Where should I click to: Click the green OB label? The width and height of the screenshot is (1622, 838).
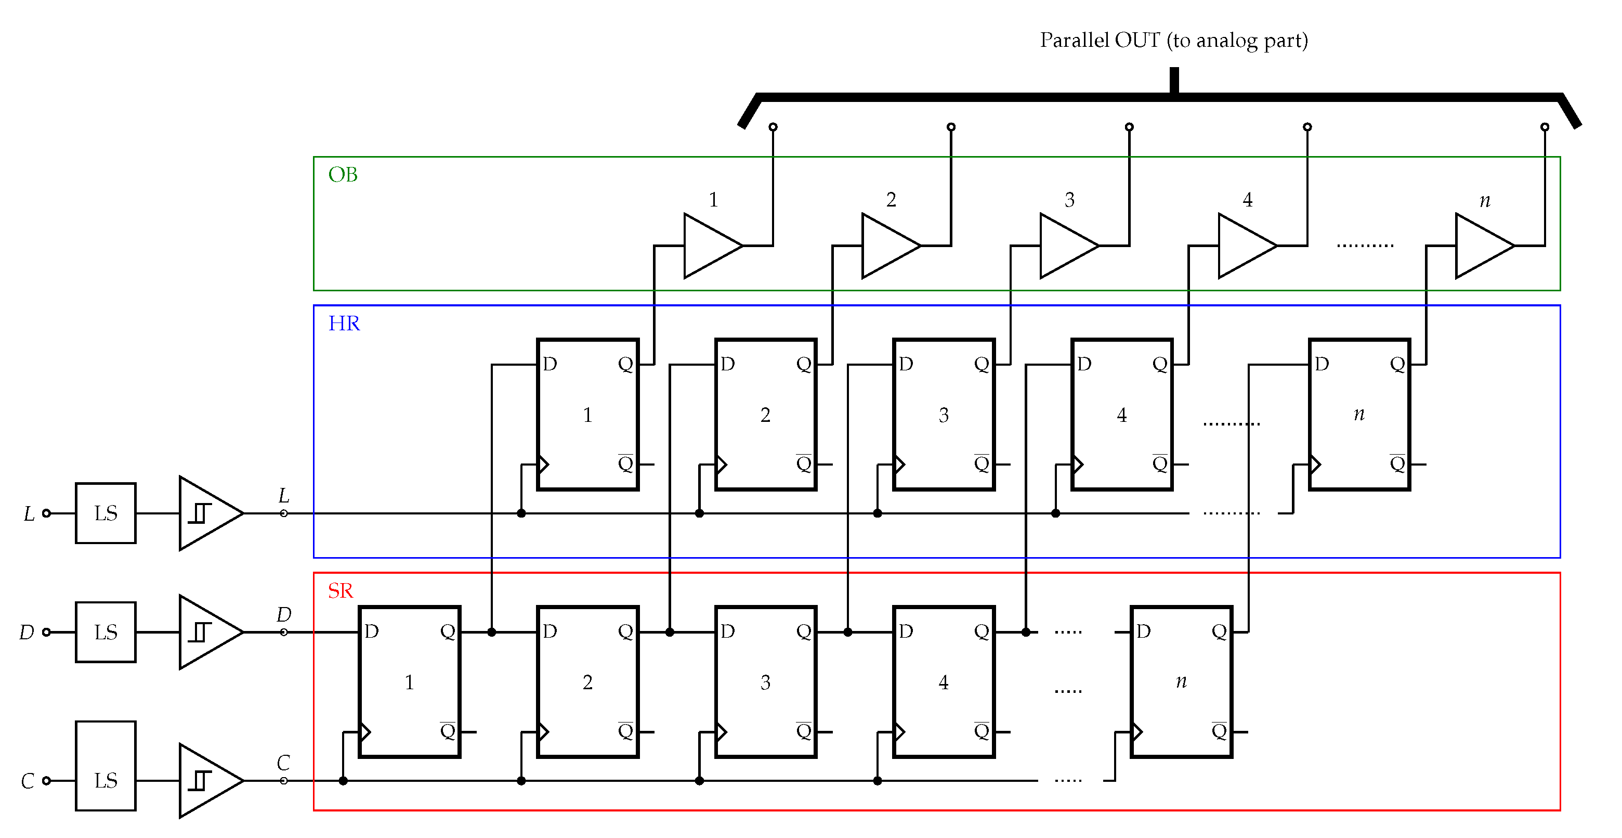click(x=343, y=175)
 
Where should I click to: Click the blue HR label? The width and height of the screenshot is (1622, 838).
click(x=344, y=323)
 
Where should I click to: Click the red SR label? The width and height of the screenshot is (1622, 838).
click(x=340, y=591)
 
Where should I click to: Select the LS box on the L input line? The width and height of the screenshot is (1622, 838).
click(x=105, y=513)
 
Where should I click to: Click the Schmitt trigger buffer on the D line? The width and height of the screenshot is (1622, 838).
click(x=208, y=632)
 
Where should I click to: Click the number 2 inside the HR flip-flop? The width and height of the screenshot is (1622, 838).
click(x=765, y=415)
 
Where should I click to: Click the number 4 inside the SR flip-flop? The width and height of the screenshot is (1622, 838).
click(x=943, y=682)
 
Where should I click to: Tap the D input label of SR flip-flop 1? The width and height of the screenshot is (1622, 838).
click(x=372, y=631)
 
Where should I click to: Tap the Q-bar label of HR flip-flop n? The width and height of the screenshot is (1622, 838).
click(x=1397, y=464)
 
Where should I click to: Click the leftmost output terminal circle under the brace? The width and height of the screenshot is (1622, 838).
click(x=773, y=126)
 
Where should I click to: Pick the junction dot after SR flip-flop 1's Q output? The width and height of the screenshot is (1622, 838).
click(x=492, y=632)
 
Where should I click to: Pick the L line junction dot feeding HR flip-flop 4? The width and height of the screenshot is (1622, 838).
click(x=1056, y=513)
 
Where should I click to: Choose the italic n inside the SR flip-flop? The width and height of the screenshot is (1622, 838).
click(x=1181, y=681)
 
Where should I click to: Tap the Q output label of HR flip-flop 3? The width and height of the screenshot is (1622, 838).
click(x=982, y=364)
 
